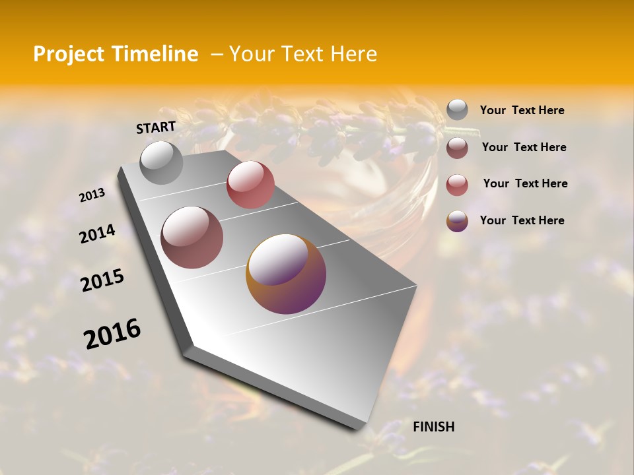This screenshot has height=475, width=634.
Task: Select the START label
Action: pyautogui.click(x=156, y=127)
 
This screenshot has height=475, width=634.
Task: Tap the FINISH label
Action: pyautogui.click(x=433, y=427)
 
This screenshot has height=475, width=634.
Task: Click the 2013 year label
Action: pyautogui.click(x=92, y=195)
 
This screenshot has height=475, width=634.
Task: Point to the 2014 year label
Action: pyautogui.click(x=97, y=234)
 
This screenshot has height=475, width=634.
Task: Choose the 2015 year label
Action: pyautogui.click(x=102, y=280)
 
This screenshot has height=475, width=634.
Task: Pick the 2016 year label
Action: pyautogui.click(x=112, y=334)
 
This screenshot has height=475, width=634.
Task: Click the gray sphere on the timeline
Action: pyautogui.click(x=162, y=162)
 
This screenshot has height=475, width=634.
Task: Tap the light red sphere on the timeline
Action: pyautogui.click(x=250, y=185)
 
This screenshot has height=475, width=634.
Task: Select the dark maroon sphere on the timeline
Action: pyautogui.click(x=192, y=237)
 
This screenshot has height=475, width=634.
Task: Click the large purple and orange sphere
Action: pyautogui.click(x=286, y=274)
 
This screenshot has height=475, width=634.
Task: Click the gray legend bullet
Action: pyautogui.click(x=457, y=110)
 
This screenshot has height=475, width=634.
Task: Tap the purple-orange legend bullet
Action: pyautogui.click(x=457, y=220)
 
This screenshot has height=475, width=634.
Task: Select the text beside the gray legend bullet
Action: pyautogui.click(x=522, y=111)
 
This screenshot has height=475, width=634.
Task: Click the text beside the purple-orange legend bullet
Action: pyautogui.click(x=522, y=220)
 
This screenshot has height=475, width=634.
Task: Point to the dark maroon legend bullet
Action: pyautogui.click(x=457, y=147)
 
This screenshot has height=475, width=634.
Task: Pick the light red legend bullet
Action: pyautogui.click(x=457, y=184)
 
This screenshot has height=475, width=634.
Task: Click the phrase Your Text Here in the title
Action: pyautogui.click(x=303, y=54)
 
